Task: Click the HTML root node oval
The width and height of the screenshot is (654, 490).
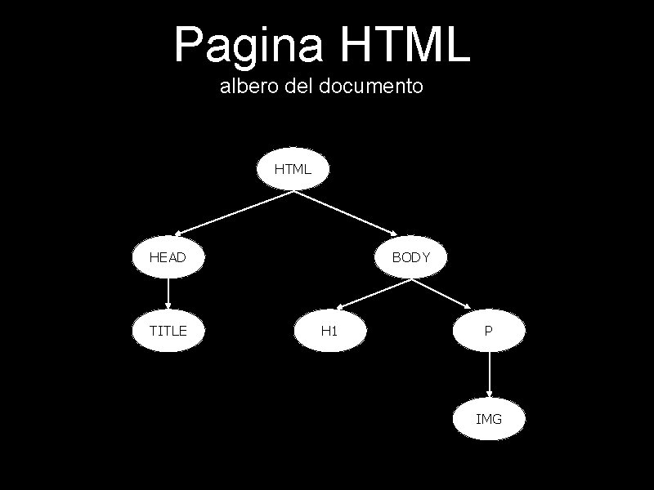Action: (x=293, y=170)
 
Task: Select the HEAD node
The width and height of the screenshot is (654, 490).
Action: (x=168, y=257)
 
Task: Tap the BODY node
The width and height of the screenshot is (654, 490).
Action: (x=410, y=257)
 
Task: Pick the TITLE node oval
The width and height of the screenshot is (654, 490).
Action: (x=168, y=331)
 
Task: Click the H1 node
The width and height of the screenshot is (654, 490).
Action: (x=329, y=331)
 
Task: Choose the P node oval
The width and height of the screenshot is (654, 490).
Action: (x=489, y=331)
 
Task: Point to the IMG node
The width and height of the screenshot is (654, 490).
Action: (x=489, y=419)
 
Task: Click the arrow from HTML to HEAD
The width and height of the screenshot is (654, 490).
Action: (x=235, y=213)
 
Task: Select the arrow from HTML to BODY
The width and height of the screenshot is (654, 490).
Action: (x=349, y=212)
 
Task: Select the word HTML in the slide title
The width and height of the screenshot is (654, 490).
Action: (x=403, y=45)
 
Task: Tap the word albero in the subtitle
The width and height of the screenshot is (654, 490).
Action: (x=249, y=85)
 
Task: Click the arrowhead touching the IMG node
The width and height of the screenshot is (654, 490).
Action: (x=489, y=394)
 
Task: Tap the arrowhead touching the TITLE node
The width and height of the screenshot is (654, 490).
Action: (x=168, y=306)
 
